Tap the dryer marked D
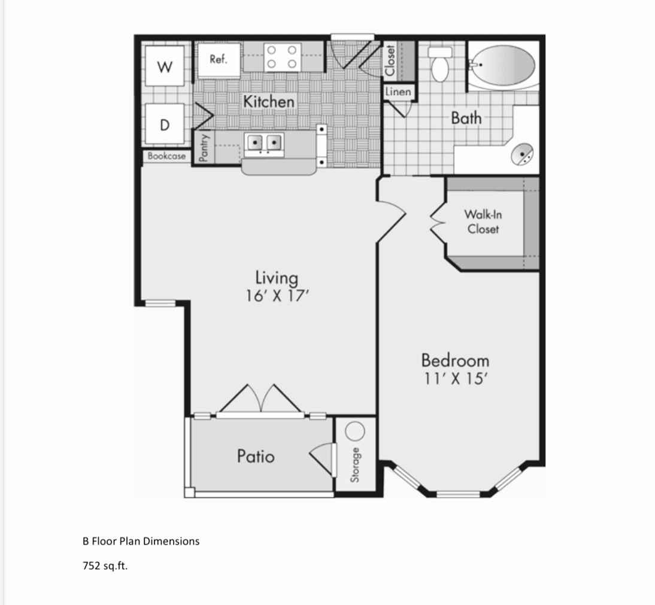coord(164,124)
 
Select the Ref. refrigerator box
coord(219,59)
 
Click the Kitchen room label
coord(269,102)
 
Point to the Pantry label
coord(204,147)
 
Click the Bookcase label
coord(167,156)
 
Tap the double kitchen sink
coord(264,142)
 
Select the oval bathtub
coord(502,65)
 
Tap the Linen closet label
coord(398,92)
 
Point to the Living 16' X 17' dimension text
coord(277,286)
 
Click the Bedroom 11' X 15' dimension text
coord(455,369)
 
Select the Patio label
coord(256,456)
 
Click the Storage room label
coord(355,464)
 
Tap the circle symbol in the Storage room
coord(355,431)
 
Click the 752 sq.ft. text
coord(105,565)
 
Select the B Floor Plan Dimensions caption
coord(141,541)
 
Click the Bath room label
coord(466,117)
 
